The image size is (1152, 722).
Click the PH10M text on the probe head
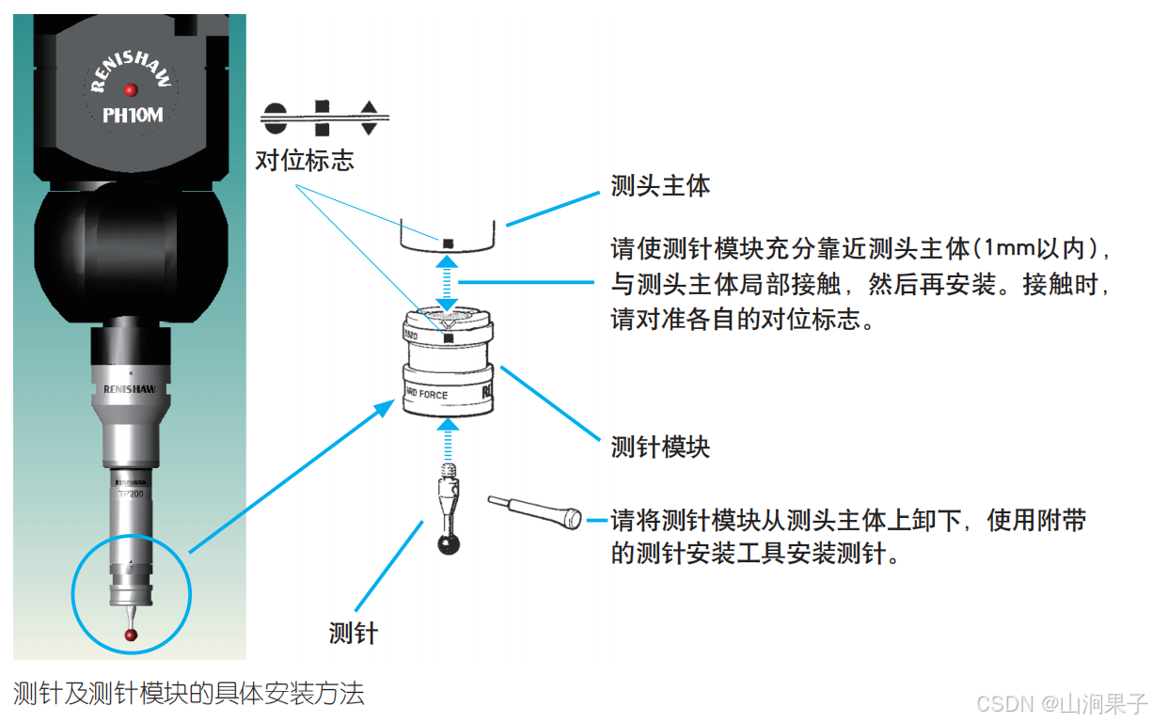(132, 116)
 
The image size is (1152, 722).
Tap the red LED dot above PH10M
(132, 89)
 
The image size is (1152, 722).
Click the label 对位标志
(305, 160)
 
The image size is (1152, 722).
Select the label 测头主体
(660, 185)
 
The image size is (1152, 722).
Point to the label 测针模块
(660, 447)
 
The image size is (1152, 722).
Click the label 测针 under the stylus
(353, 633)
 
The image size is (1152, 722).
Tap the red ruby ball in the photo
(132, 636)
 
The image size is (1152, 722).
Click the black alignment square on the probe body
(449, 243)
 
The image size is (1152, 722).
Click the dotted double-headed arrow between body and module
(450, 283)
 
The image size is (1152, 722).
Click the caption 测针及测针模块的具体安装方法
(188, 694)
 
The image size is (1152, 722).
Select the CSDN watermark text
(1062, 703)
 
